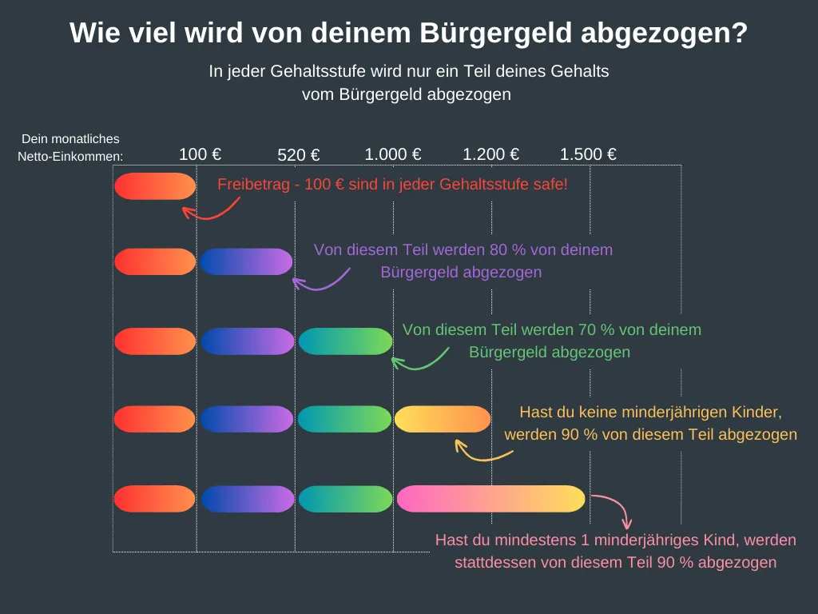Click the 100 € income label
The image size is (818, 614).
(200, 154)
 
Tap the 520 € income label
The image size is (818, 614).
(299, 156)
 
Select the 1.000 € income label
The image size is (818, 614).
(393, 154)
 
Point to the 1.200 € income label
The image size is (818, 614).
(491, 154)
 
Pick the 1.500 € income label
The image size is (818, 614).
(588, 154)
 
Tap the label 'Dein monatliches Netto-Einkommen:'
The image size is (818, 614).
(70, 147)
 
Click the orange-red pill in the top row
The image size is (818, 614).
(155, 185)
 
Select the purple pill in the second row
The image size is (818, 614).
(246, 261)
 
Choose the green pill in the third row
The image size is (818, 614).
(346, 341)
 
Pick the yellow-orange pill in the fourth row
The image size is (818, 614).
(443, 419)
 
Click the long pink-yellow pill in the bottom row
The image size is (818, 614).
(491, 498)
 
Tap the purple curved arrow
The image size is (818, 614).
(320, 281)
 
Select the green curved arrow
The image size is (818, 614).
(419, 361)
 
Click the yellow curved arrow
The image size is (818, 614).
(482, 453)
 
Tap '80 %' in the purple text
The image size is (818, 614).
(499, 249)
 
